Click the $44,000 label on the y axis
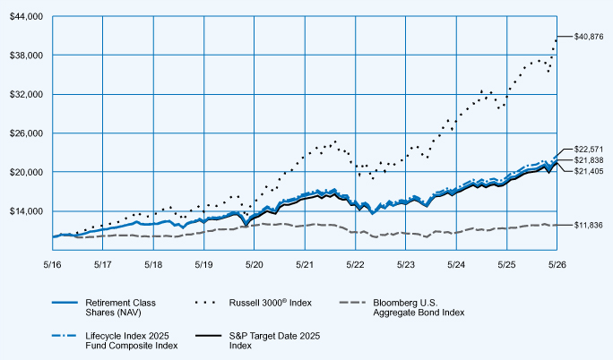[x=26, y=16]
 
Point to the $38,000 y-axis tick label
[x=26, y=56]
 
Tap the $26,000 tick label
[x=26, y=133]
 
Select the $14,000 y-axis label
[x=26, y=211]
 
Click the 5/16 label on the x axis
[x=52, y=265]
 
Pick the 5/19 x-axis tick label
[x=203, y=265]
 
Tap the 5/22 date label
[x=355, y=265]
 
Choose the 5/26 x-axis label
[x=557, y=265]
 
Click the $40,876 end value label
[x=589, y=37]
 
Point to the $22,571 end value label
[x=589, y=150]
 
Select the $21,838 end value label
[x=589, y=160]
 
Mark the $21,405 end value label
[x=589, y=171]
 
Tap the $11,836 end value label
[x=589, y=225]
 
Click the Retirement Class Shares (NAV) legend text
[x=120, y=308]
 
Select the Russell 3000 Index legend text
[x=271, y=303]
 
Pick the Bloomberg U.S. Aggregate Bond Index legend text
[x=419, y=308]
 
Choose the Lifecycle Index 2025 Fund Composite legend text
[x=132, y=341]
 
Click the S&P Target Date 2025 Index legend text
[x=274, y=341]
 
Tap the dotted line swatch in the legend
[x=205, y=302]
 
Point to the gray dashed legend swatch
[x=352, y=302]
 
